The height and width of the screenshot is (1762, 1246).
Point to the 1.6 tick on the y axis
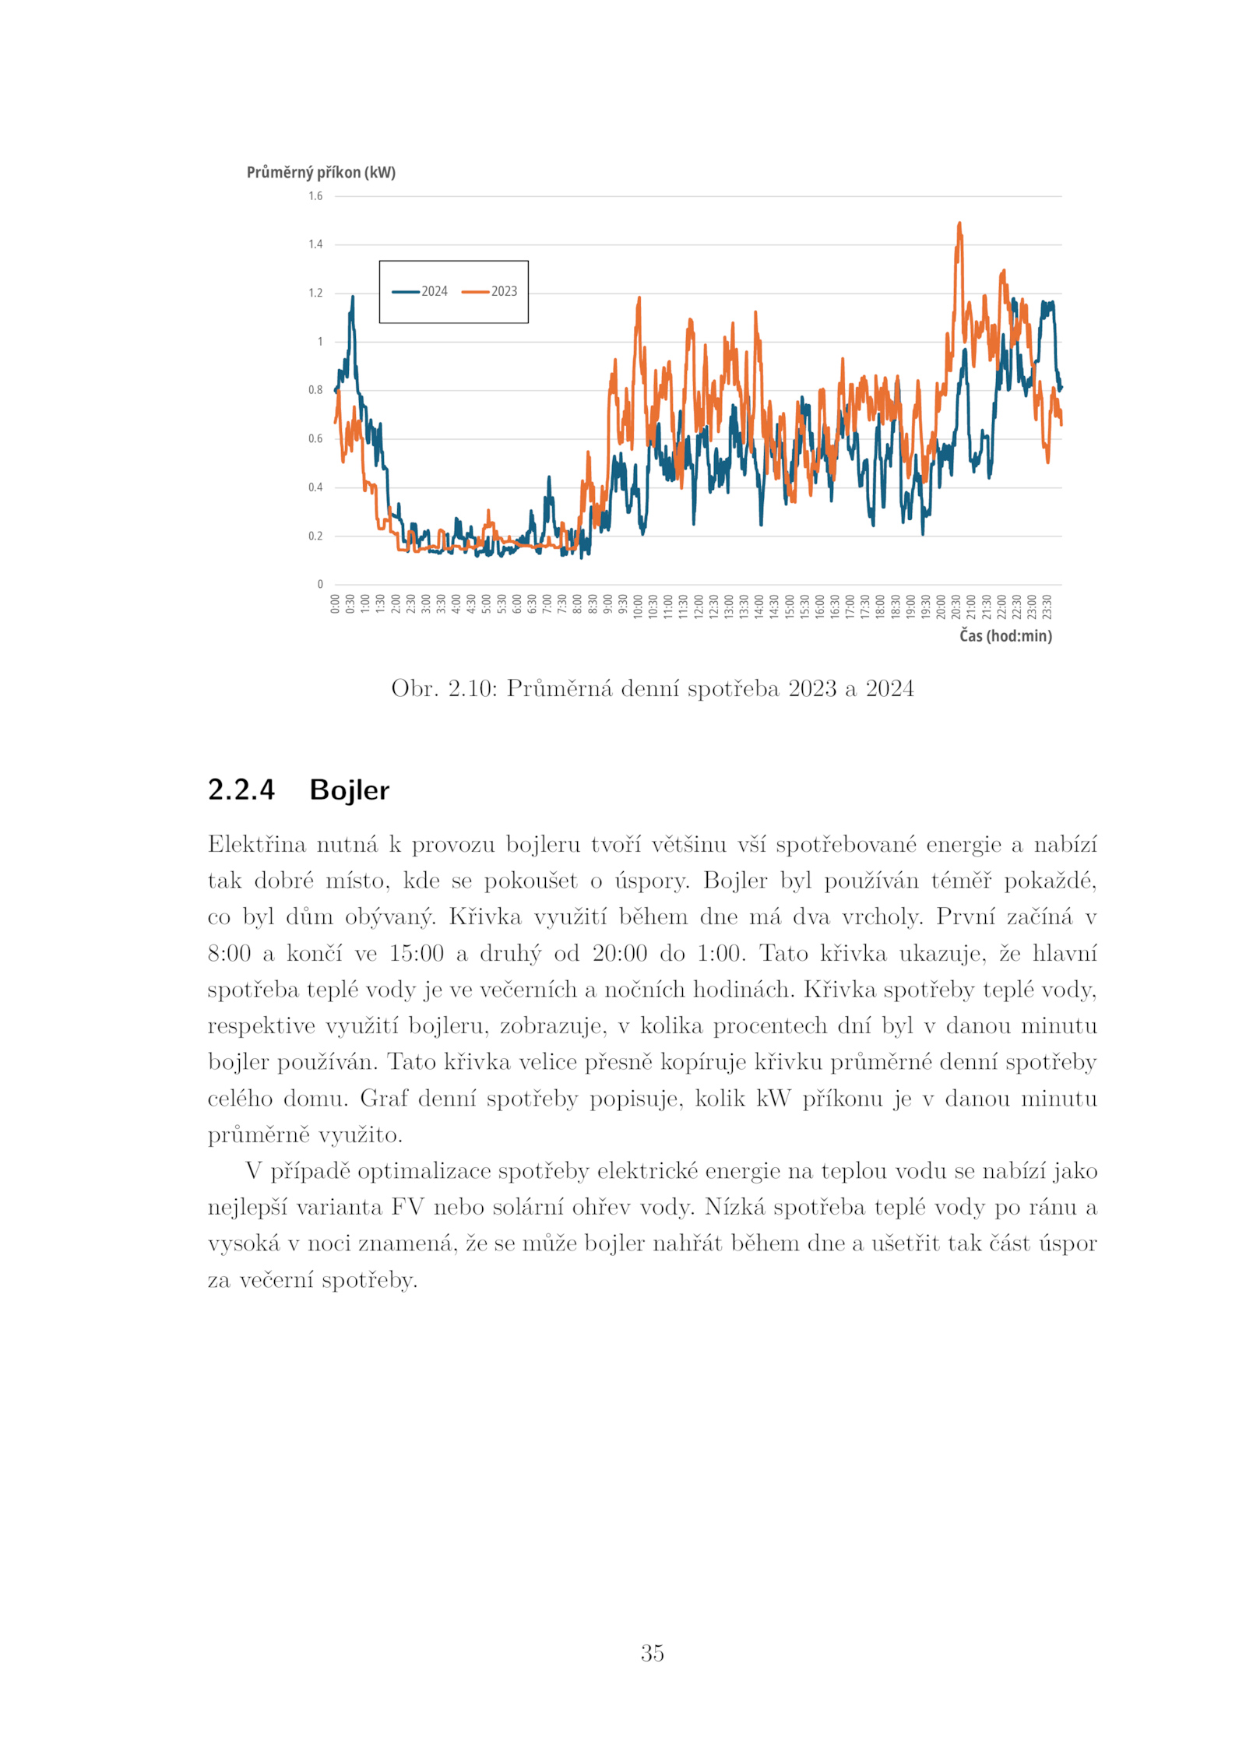315,196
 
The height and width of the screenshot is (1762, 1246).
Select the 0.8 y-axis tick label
315,390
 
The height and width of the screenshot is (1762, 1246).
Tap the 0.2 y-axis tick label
315,536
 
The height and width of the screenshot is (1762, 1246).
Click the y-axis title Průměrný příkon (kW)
321,172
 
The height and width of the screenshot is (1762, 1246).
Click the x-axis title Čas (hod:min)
1005,636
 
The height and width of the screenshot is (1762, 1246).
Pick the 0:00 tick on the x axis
335,603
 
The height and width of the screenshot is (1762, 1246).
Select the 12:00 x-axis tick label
699,605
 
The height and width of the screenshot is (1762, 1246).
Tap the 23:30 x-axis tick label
1047,605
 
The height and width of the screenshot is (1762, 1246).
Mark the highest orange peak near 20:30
959,223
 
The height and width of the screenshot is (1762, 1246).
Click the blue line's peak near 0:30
352,297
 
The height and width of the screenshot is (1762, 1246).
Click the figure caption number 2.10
471,688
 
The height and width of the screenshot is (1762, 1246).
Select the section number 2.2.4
241,790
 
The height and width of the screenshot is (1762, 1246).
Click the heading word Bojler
349,790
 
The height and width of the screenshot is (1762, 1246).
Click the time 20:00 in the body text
619,954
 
